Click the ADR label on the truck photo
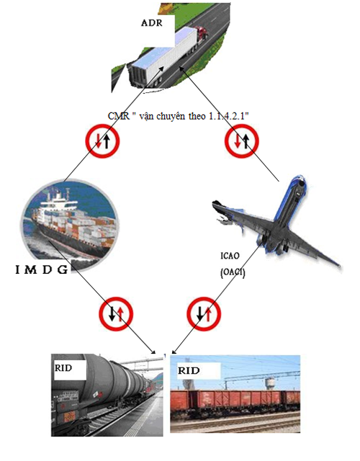pos(152,23)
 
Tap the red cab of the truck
pos(202,33)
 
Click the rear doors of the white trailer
pos(138,74)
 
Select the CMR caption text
pos(178,116)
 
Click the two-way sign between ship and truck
pos(102,141)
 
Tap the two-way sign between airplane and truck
pos(242,141)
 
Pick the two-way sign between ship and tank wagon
pos(116,314)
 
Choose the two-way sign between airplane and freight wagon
pos(204,314)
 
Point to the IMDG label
pos(42,269)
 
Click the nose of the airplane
pos(301,183)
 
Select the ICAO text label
pos(230,256)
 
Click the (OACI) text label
pos(233,273)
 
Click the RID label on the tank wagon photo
pos(63,368)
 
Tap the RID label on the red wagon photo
pos(189,370)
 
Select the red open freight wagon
pos(235,400)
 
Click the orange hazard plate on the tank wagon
pos(69,416)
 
